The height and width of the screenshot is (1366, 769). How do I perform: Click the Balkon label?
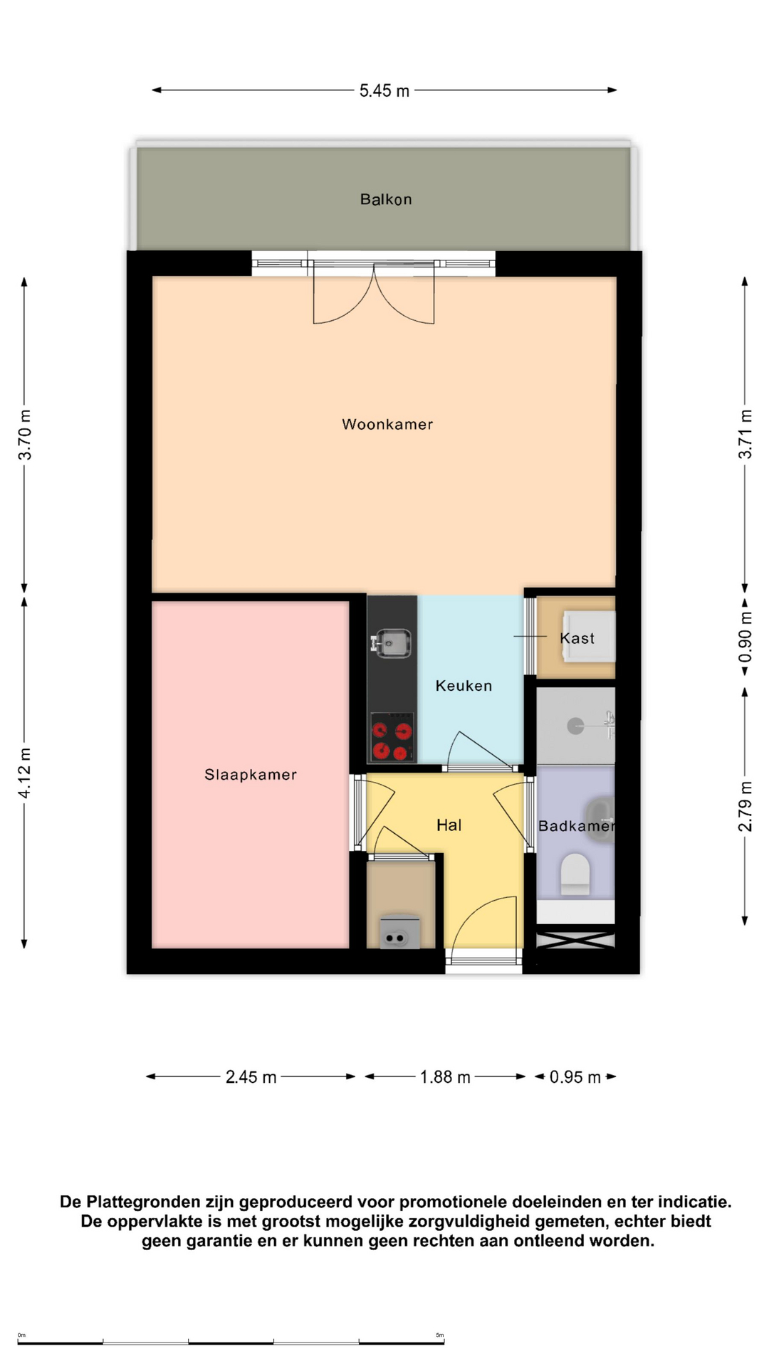coord(385,199)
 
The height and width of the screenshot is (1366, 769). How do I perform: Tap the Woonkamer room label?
coord(387,424)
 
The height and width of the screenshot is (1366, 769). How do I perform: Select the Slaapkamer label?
coord(250,774)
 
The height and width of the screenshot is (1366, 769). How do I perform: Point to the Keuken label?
coord(464,686)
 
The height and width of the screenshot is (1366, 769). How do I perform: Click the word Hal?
coord(449,825)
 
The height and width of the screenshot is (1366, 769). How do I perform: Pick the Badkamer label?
coord(575,825)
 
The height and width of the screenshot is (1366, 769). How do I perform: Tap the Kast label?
coord(577,638)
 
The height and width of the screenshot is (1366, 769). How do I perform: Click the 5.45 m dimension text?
coord(384,90)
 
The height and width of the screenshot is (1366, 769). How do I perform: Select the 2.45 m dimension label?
coord(251,1077)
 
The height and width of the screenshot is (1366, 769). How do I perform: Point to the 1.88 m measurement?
coord(445,1077)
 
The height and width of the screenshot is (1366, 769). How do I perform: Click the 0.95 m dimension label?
coord(575,1077)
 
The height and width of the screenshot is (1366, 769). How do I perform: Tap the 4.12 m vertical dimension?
coord(25,773)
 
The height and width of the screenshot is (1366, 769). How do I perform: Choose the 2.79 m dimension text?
coord(745,806)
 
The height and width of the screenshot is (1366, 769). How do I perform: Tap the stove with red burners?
coord(392,737)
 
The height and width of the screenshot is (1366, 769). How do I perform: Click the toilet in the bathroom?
coord(575,874)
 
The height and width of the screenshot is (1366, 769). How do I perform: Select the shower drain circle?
coord(575,726)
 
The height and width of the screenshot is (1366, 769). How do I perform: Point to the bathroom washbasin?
coord(600,820)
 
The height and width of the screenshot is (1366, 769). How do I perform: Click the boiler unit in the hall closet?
coord(399,931)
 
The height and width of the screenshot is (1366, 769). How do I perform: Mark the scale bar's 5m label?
coord(440,1335)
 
